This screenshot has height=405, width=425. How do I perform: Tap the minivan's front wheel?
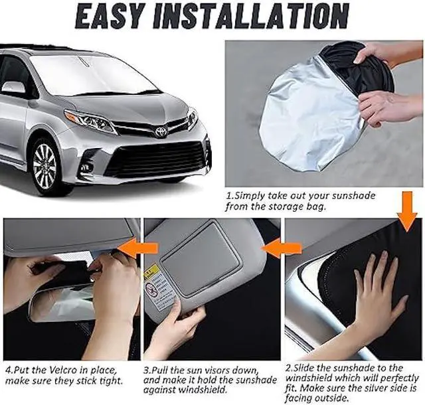[x=45, y=163]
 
